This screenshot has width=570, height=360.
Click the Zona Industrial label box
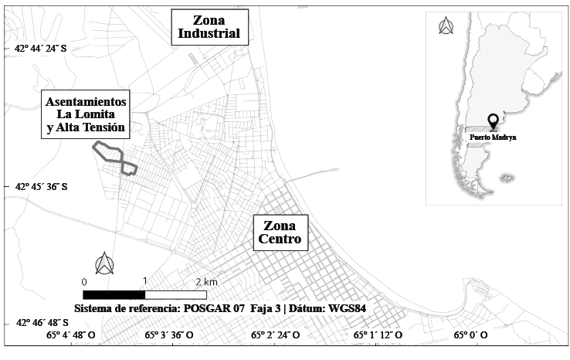209,26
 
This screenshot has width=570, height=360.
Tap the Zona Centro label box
280,233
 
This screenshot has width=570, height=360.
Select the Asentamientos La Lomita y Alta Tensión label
85,115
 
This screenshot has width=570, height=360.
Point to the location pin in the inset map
493,122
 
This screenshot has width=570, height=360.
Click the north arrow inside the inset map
446,26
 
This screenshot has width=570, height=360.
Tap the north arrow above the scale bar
103,263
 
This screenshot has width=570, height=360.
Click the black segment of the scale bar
114,294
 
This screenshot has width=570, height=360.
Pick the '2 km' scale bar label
205,282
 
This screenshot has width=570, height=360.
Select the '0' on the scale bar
84,282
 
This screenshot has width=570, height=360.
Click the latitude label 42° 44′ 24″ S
40,48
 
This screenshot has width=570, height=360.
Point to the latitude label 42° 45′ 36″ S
40,186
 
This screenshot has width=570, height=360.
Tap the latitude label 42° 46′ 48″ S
40,323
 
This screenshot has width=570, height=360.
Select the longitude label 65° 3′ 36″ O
169,335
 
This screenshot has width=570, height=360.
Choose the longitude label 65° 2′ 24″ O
274,335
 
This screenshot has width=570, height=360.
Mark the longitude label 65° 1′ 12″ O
378,335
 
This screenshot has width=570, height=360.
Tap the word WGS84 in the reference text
346,308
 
